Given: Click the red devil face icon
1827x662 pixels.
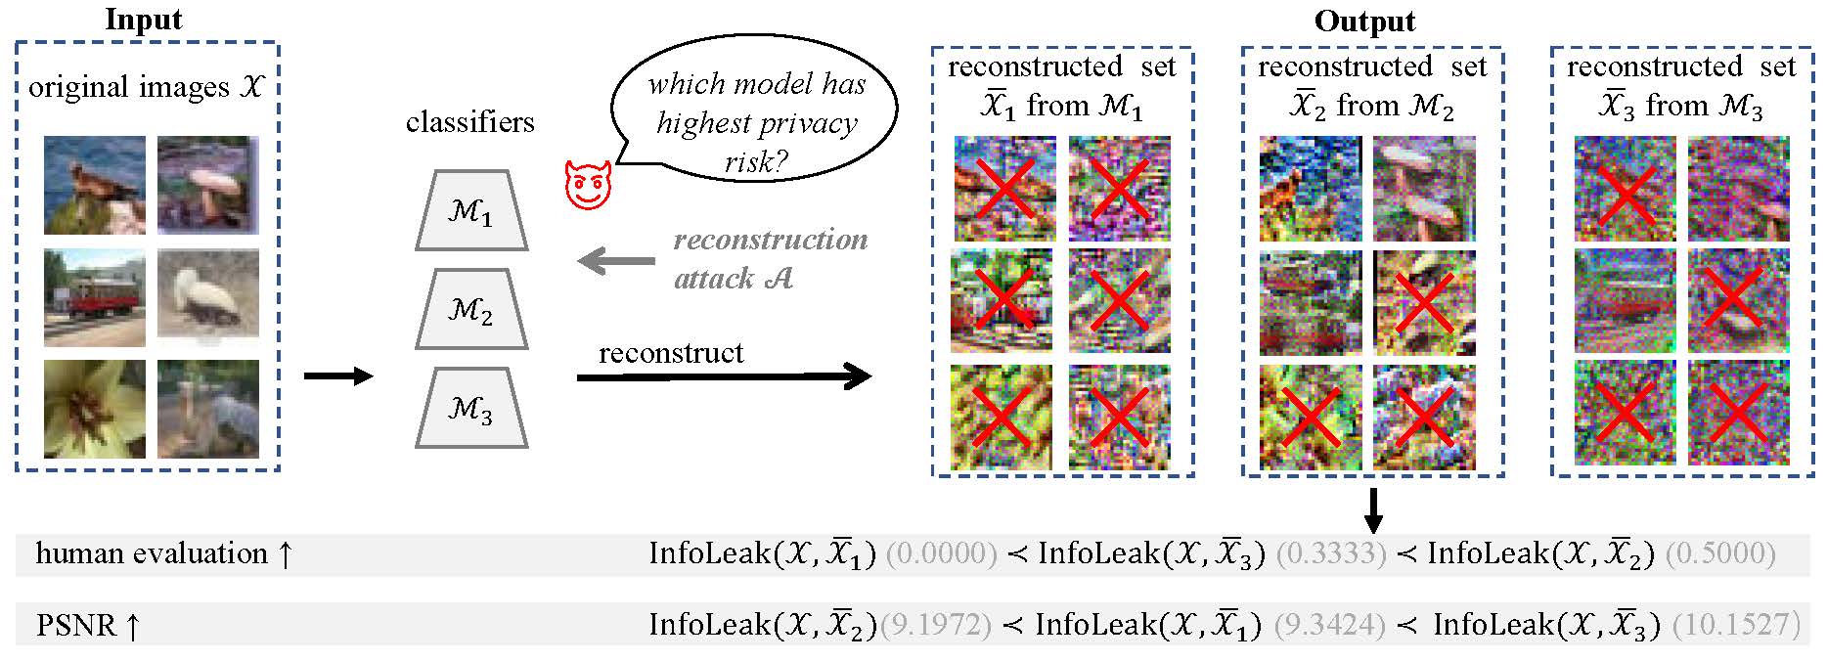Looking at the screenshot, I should [x=588, y=185].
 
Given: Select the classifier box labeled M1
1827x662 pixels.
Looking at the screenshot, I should [x=471, y=211].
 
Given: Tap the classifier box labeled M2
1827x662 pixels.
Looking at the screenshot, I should [x=471, y=310].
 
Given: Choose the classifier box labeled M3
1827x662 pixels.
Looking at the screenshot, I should [x=471, y=408].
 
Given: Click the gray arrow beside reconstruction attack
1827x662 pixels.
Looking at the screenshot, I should [x=616, y=261].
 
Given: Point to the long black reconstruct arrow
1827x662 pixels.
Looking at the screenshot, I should [x=724, y=376].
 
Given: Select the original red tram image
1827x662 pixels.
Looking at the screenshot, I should [x=95, y=297].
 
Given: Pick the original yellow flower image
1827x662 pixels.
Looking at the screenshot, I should [x=95, y=409].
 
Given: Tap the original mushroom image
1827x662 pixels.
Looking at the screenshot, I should [x=208, y=185].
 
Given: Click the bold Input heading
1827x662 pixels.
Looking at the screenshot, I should [x=144, y=20].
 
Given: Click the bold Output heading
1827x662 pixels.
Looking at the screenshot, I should [x=1364, y=21].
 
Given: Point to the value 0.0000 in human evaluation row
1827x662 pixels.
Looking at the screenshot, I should [x=941, y=553].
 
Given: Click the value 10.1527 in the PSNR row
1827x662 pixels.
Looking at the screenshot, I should [x=1736, y=624].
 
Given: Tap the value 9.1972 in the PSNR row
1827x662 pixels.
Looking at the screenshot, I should [x=936, y=624].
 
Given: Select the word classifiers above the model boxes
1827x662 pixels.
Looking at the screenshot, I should [x=470, y=122].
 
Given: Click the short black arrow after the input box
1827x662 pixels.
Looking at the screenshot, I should [x=338, y=376].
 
